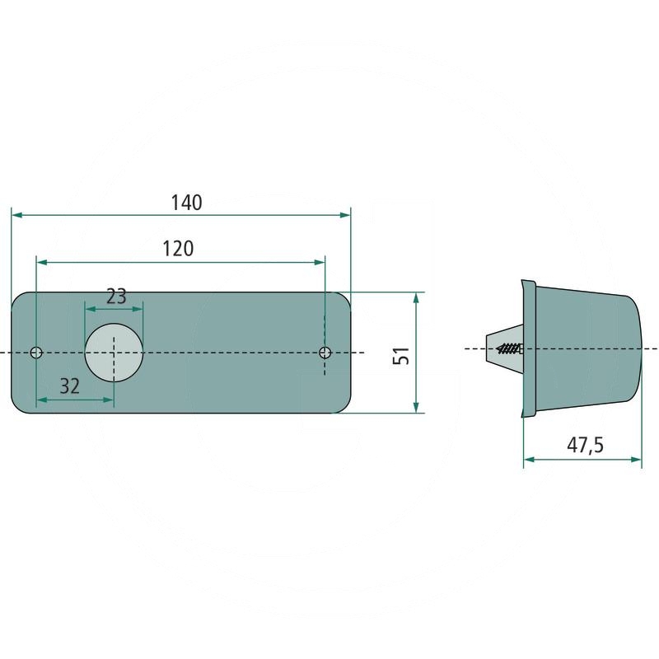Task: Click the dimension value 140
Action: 186,202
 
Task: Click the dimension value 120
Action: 178,249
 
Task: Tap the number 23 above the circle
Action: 116,297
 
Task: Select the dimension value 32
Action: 70,386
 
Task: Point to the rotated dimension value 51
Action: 401,356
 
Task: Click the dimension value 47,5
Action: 585,446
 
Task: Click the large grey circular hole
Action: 114,353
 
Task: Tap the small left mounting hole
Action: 36,353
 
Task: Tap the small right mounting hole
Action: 325,353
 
